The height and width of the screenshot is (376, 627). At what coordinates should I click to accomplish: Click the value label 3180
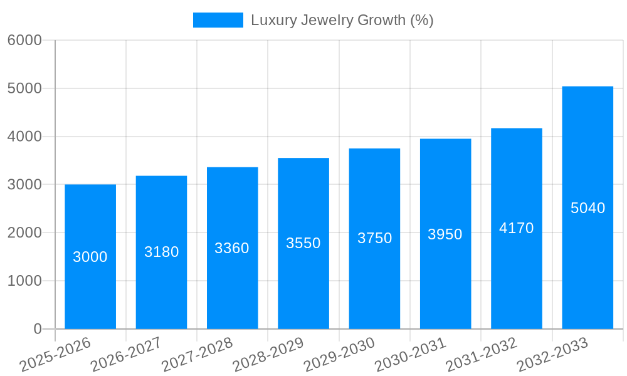point(162,252)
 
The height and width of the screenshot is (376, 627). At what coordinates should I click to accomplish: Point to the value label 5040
point(587,208)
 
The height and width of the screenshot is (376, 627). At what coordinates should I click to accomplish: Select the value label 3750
point(374,238)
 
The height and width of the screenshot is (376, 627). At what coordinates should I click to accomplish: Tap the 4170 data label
point(516,228)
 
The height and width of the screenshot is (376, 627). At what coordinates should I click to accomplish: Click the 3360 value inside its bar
point(232,248)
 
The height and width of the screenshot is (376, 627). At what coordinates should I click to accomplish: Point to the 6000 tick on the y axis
point(24,40)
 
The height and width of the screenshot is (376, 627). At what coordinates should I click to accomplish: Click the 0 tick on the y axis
point(37,329)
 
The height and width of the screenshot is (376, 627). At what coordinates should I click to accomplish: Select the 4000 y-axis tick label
point(24,137)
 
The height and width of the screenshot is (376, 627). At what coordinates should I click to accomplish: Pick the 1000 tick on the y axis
point(24,281)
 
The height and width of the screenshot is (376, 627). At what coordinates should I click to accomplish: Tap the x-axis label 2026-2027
point(126,354)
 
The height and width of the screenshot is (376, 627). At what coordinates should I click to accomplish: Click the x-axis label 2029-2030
point(339,354)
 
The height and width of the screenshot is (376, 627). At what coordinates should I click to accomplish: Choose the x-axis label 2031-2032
point(481,354)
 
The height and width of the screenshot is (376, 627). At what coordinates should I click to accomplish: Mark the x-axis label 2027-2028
point(197,354)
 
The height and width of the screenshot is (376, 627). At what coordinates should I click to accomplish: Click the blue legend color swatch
point(218,20)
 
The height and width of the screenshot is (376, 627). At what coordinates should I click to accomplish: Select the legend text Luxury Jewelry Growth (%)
point(342,20)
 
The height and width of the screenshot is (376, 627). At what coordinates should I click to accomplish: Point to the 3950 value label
point(445,234)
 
